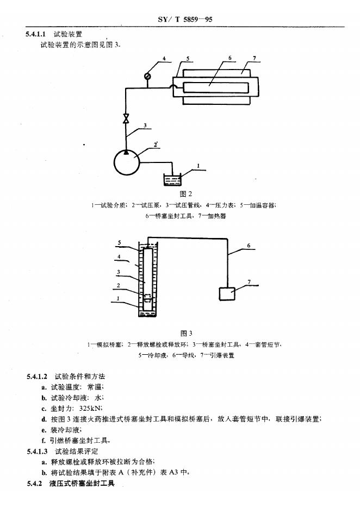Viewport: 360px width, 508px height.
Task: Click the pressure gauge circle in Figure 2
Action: point(147,76)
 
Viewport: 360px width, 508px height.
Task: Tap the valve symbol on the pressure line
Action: point(126,118)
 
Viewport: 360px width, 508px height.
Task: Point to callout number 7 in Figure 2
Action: point(254,58)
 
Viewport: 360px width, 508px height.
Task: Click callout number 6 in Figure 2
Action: point(230,58)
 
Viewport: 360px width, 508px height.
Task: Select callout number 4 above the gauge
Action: point(163,58)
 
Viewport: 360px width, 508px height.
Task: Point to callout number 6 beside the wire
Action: point(249,246)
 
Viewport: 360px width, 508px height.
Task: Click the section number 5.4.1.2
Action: point(37,377)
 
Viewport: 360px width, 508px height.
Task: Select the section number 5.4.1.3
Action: point(37,451)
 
